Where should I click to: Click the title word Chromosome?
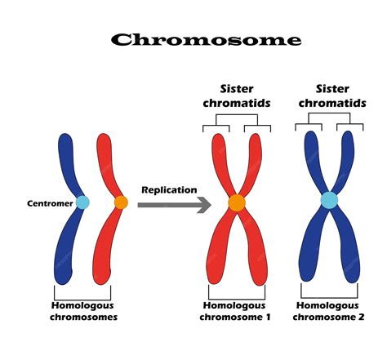tap(206, 40)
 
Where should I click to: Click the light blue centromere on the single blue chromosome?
tap(82, 202)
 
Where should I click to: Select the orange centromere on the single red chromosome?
tap(121, 202)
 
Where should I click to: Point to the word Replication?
tap(169, 189)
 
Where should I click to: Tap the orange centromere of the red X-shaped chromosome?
tap(237, 202)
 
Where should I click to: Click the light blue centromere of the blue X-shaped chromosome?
tap(328, 200)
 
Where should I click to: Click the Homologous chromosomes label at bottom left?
tap(84, 311)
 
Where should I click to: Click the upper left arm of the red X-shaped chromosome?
tap(220, 159)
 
